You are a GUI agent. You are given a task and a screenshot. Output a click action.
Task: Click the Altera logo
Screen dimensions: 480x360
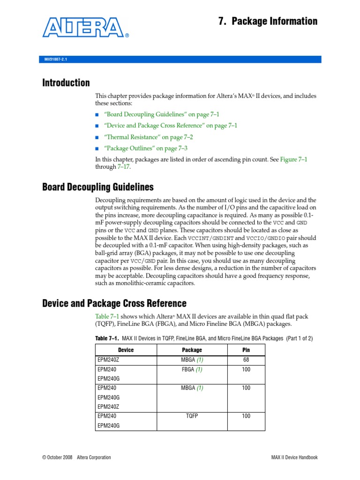[x=85, y=28]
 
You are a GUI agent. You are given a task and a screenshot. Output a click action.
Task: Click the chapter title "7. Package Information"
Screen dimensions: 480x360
[x=268, y=22]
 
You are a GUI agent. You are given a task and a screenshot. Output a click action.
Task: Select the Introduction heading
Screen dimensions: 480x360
[x=66, y=83]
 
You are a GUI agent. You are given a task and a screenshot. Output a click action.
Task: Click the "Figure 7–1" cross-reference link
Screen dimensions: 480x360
[x=293, y=159]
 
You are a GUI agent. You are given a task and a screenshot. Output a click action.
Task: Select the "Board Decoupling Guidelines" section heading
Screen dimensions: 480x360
[x=98, y=187]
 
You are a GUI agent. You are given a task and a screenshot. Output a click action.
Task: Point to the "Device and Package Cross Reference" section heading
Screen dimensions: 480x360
[x=114, y=303]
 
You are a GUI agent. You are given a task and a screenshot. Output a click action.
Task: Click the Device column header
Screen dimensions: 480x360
[x=126, y=350]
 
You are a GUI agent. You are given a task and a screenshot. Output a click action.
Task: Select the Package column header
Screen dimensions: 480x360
[x=192, y=350]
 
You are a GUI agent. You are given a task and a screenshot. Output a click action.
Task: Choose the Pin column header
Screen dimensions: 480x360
[x=246, y=350]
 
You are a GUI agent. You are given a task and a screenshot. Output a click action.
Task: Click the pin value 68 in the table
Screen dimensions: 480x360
[x=246, y=360]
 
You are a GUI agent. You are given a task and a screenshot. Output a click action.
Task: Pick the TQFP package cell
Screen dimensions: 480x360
[x=192, y=416]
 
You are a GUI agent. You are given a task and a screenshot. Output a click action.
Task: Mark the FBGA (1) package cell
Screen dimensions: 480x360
[x=192, y=369]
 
